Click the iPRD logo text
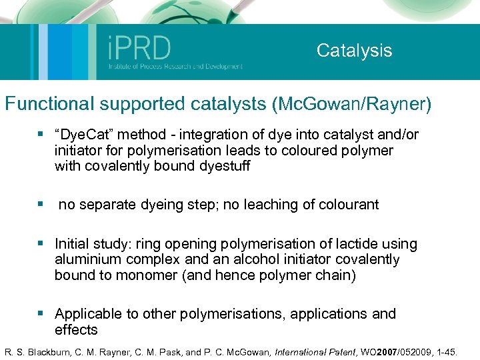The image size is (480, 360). click(x=139, y=48)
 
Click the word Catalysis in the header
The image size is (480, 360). click(x=354, y=50)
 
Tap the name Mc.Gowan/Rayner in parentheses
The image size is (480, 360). click(x=351, y=104)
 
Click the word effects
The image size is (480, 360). click(x=76, y=329)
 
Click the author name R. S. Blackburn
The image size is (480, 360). click(x=37, y=349)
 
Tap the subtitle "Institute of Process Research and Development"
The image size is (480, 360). click(x=175, y=66)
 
